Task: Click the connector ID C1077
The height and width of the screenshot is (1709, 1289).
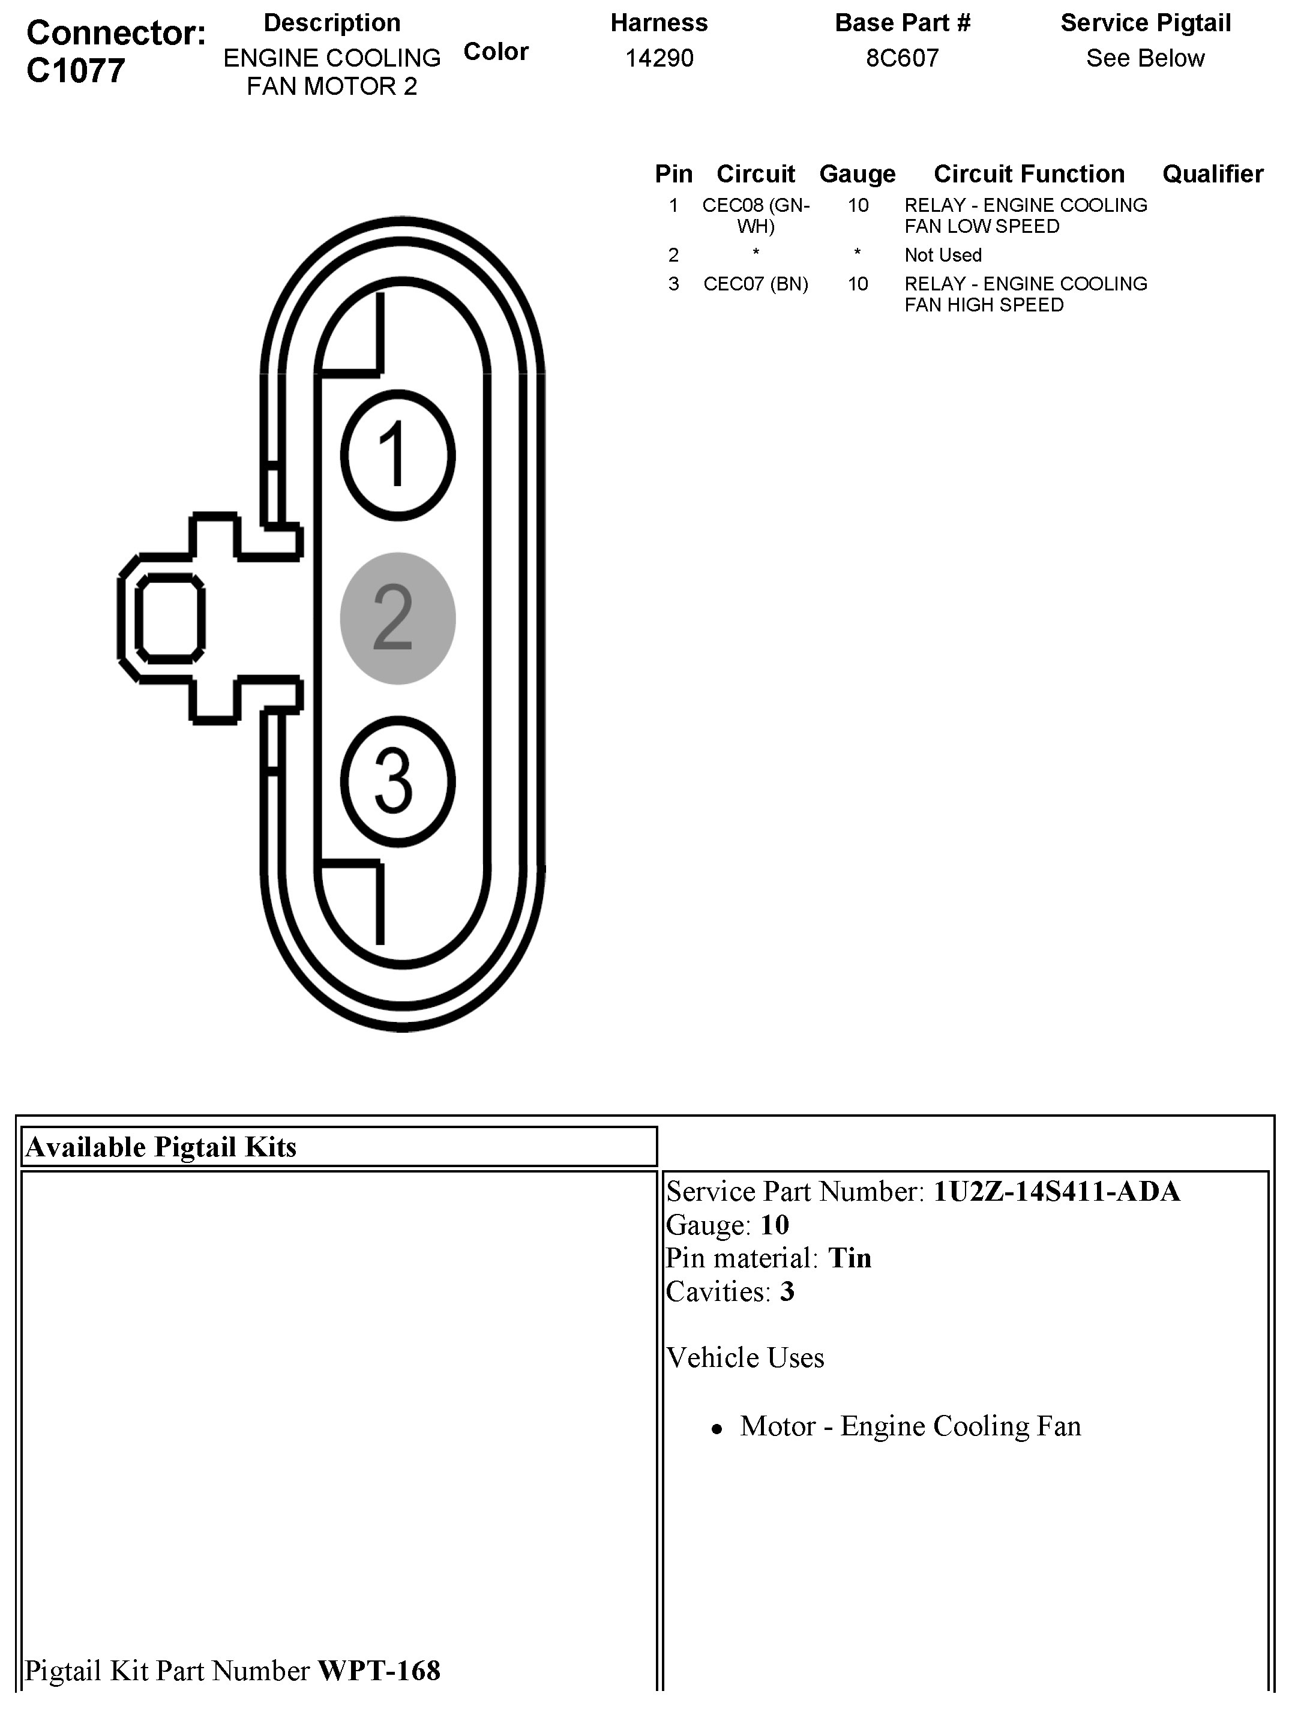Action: tap(75, 70)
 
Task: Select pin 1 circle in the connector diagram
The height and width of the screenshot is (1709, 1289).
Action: tap(397, 454)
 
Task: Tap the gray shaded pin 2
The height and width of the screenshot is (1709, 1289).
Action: tap(397, 618)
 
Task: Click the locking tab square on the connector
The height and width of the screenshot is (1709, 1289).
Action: tap(170, 618)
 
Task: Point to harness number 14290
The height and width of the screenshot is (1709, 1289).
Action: tap(658, 58)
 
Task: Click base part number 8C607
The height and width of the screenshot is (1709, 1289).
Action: tap(902, 58)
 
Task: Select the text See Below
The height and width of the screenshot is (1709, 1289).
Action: tap(1145, 58)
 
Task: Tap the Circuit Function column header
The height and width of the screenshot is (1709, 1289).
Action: tap(1029, 174)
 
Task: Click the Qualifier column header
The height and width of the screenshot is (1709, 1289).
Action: tap(1213, 174)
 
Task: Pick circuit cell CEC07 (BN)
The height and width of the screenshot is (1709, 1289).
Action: tap(755, 284)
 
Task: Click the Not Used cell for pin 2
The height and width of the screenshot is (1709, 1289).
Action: tap(943, 255)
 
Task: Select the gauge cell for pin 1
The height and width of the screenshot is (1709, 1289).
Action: tap(858, 205)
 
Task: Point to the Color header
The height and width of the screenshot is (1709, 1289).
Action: tap(495, 52)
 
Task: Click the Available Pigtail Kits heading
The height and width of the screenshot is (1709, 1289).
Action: tap(161, 1147)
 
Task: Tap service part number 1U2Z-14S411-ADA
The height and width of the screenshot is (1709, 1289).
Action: tap(1056, 1191)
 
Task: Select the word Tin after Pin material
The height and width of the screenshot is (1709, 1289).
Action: tap(849, 1258)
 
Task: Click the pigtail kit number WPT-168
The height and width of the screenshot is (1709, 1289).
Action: tap(379, 1671)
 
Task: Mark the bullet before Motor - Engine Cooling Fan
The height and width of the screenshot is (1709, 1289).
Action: tap(717, 1429)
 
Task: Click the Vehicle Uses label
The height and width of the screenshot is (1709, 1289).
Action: tap(745, 1357)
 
